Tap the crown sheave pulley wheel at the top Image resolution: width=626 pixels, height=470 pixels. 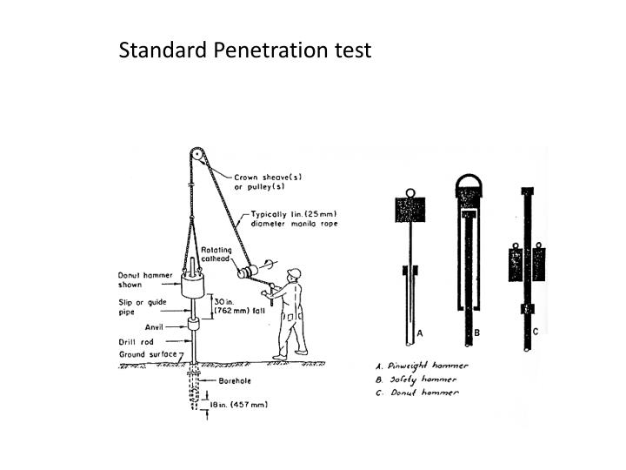pos(196,155)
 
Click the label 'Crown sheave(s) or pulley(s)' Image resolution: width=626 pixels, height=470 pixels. pos(268,182)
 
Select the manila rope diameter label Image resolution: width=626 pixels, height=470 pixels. pos(294,219)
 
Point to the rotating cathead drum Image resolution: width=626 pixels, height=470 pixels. pos(248,272)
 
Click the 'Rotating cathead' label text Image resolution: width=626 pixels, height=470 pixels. pos(216,254)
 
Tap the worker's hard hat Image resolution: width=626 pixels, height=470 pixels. pos(294,273)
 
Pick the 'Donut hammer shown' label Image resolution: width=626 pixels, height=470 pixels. pos(145,279)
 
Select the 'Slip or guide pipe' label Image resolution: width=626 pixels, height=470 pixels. pos(142,307)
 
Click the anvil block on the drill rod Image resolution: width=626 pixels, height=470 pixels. pos(193,324)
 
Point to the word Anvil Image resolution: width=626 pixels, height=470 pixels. pos(154,327)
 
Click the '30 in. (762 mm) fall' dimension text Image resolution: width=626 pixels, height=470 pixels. pos(239,306)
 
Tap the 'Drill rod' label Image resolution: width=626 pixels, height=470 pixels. pos(136,342)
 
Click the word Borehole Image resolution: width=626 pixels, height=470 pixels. pos(235,381)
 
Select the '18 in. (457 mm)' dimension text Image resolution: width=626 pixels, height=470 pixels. pos(239,405)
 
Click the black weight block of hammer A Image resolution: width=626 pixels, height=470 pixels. pos(410,210)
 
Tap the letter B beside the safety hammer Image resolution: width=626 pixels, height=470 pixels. pos(476,332)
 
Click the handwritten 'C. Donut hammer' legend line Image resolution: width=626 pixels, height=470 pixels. pos(417,393)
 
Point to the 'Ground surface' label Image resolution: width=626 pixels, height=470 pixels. pos(148,354)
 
